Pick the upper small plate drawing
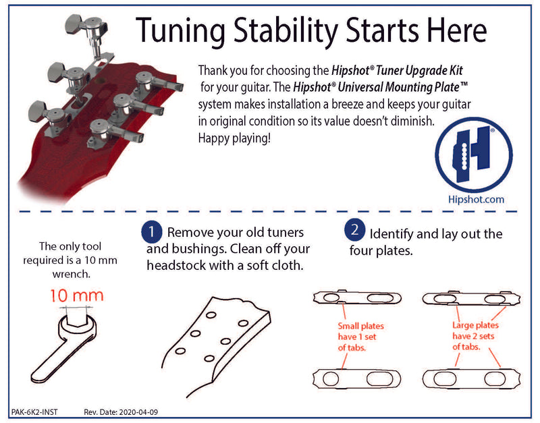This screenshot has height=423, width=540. (358, 298)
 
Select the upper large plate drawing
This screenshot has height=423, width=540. (465, 298)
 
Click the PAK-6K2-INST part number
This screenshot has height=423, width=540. (38, 411)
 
